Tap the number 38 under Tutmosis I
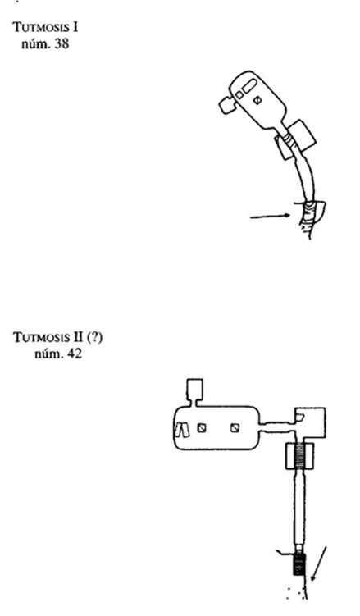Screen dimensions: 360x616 [62, 43]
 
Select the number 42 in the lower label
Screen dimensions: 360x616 [74, 354]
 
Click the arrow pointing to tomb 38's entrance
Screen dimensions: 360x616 [271, 216]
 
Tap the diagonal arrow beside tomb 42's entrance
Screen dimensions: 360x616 [318, 563]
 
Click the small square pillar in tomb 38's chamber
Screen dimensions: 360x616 [257, 100]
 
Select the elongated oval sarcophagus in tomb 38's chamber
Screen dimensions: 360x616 [249, 85]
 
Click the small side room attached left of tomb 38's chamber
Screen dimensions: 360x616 [227, 105]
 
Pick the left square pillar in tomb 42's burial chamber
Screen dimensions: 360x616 [202, 428]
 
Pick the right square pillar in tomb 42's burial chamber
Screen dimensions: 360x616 [235, 428]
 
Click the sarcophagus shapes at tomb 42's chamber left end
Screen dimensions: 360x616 [182, 429]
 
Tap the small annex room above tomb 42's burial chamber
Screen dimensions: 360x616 [194, 389]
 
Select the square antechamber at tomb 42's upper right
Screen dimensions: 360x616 [311, 422]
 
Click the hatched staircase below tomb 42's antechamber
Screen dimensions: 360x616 [300, 455]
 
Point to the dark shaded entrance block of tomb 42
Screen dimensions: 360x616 [299, 564]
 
